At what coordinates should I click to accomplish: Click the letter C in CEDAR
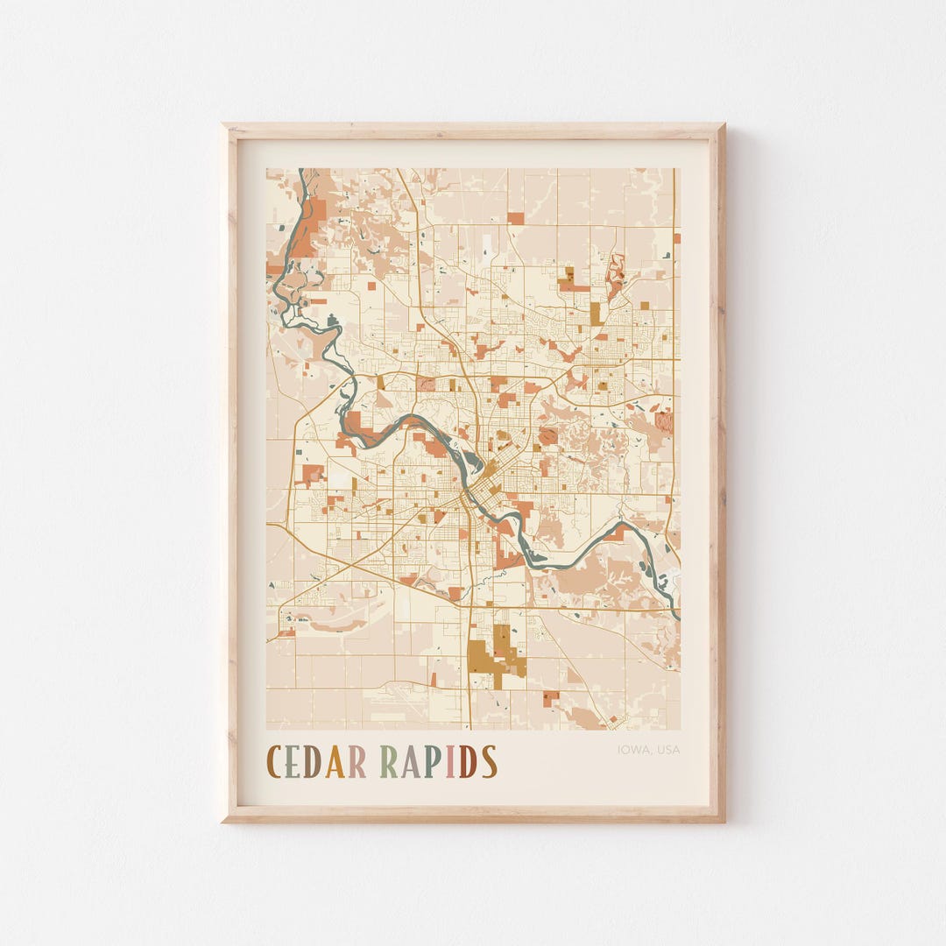[274, 761]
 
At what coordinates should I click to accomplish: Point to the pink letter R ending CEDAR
[357, 761]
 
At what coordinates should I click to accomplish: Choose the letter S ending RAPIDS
[489, 761]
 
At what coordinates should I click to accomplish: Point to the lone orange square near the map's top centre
[516, 218]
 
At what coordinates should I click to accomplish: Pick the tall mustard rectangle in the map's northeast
[596, 313]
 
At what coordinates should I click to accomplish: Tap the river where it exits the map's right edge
[677, 613]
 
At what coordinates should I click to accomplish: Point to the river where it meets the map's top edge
[301, 171]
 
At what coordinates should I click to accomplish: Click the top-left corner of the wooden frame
[224, 126]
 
